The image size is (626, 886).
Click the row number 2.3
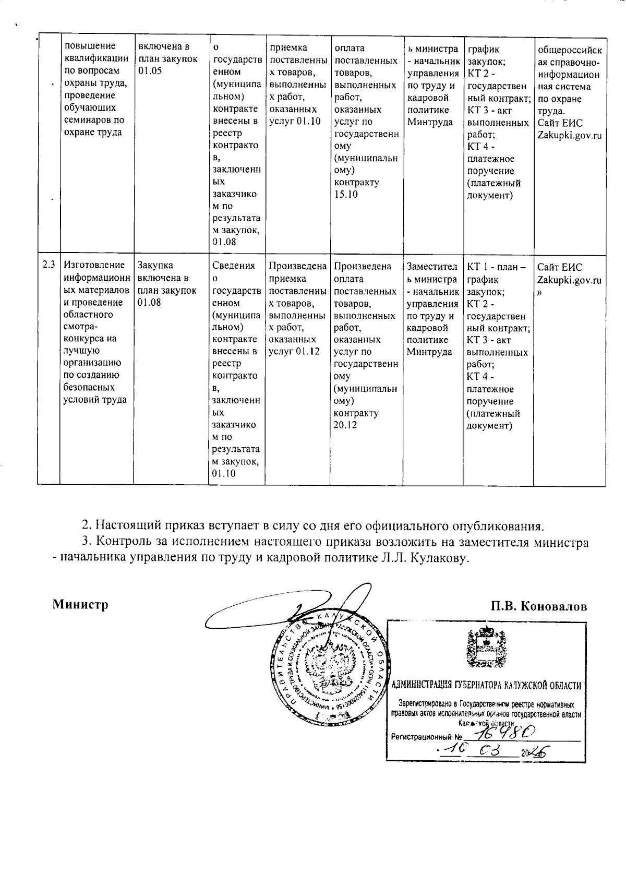coord(49,265)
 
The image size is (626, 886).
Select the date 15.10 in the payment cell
coord(346,195)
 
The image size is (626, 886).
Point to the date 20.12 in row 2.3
coord(346,425)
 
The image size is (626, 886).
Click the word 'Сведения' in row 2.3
coord(233,266)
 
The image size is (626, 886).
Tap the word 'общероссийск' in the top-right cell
coord(569,50)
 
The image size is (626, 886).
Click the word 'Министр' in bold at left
coord(80,605)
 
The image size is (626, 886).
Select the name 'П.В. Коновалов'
coord(538,606)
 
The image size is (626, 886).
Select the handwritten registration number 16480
coord(501,733)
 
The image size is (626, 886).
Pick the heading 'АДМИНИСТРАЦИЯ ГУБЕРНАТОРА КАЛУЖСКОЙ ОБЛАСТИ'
coord(486,686)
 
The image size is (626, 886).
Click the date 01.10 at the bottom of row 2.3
coord(224,474)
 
